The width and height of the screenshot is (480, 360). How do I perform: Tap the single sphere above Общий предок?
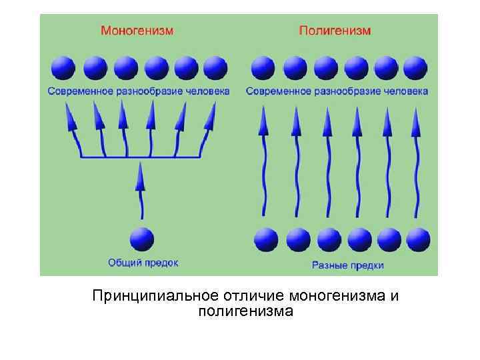[141, 239]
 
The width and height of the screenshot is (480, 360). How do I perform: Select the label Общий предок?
[143, 263]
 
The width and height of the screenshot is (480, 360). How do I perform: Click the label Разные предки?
[347, 265]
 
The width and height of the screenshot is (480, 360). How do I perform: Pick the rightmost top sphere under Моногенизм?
[215, 68]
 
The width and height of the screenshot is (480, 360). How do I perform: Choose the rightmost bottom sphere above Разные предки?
[418, 239]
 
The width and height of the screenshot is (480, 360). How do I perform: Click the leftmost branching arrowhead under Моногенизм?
[70, 120]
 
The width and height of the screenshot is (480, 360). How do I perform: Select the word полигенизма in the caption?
[245, 311]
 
